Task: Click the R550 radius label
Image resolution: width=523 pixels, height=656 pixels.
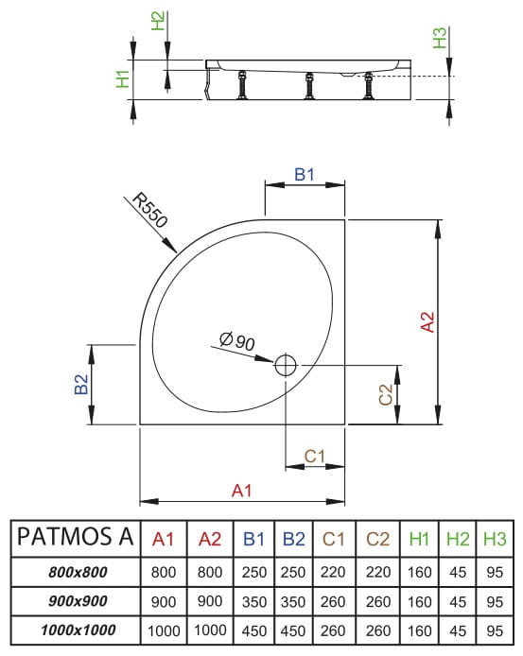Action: (x=149, y=211)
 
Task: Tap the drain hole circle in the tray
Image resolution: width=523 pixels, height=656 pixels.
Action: (x=286, y=365)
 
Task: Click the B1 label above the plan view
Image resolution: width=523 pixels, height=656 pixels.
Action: (x=304, y=174)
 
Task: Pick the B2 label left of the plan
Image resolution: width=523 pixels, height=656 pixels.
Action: (x=82, y=386)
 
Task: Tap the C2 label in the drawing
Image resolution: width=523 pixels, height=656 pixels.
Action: (x=385, y=395)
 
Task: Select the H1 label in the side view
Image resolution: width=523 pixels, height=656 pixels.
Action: (x=122, y=78)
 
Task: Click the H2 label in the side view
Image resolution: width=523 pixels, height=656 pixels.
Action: (x=158, y=20)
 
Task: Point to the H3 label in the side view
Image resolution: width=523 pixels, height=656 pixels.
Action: (x=438, y=39)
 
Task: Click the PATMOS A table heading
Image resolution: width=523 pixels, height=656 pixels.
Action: (x=76, y=538)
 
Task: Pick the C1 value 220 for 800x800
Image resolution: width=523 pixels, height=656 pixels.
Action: (x=333, y=572)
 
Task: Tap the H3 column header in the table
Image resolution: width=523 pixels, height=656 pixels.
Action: (x=492, y=539)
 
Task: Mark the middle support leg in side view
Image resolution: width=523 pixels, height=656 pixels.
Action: (x=308, y=88)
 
